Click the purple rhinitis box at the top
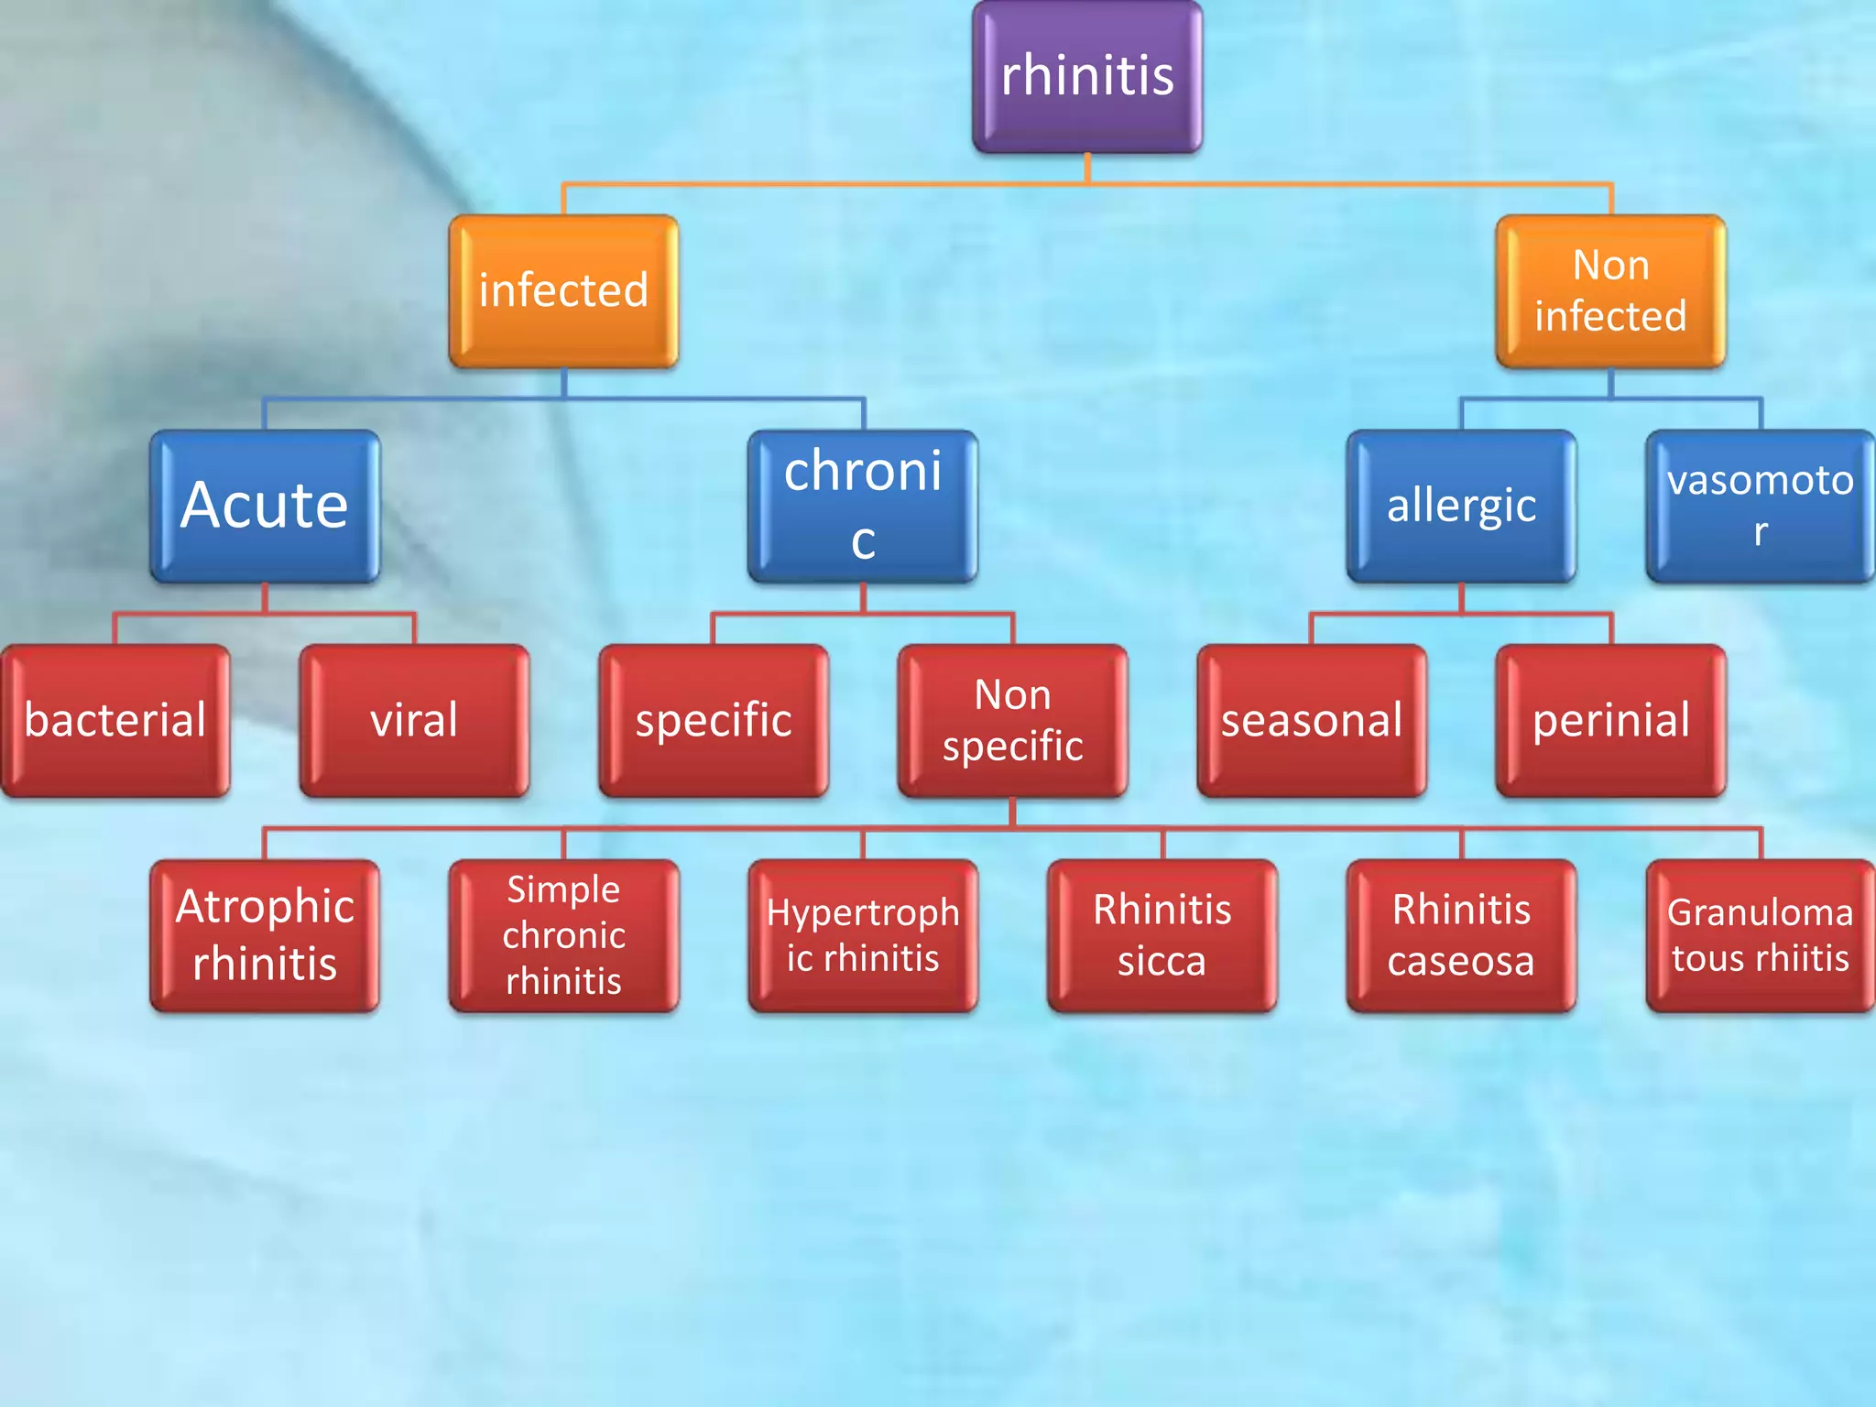1087,76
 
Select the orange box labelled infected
563,291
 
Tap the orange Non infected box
1610,291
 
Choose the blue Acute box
265,506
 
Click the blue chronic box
862,506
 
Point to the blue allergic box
1461,506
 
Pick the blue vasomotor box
1760,506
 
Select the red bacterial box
115,720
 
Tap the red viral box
414,720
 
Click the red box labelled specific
714,720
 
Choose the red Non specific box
1012,720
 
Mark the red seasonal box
1312,720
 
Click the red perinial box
1610,720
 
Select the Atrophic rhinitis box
265,935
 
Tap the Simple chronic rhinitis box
563,935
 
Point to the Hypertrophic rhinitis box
862,935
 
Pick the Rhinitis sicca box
1162,935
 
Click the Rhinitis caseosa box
1461,935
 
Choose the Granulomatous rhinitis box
1760,935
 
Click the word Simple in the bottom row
563,889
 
